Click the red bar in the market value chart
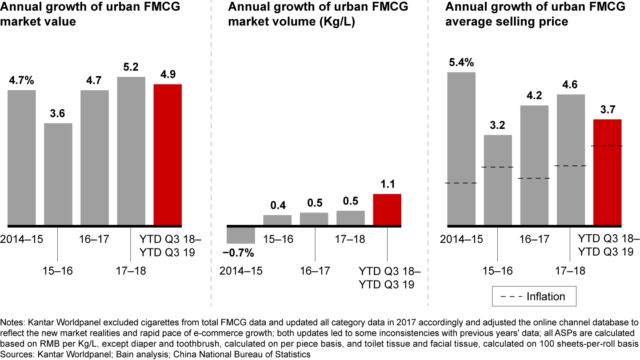point(168,154)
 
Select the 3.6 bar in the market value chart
point(58,174)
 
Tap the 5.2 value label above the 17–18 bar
point(131,67)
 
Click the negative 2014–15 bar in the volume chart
point(240,235)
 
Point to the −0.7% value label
point(238,253)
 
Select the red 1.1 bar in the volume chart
point(387,209)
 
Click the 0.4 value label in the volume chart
point(277,205)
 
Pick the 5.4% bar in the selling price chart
point(461,148)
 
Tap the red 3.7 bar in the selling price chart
point(607,172)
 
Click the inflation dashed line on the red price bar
point(607,146)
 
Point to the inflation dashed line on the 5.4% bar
point(461,183)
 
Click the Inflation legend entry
point(534,296)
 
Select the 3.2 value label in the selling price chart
point(498,125)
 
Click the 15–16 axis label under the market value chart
point(57,271)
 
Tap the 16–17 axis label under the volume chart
point(315,271)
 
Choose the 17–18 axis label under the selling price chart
point(570,271)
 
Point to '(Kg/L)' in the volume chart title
point(338,21)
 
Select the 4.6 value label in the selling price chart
point(570,84)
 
